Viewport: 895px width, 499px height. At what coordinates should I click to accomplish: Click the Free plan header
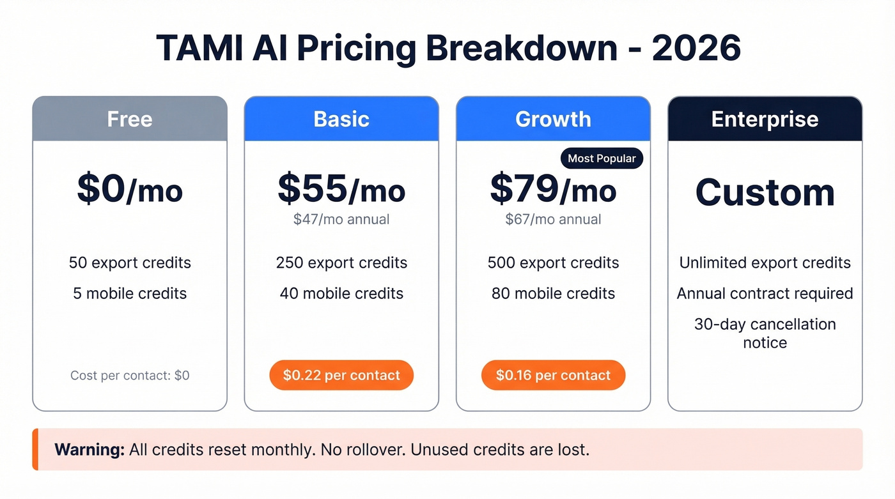130,119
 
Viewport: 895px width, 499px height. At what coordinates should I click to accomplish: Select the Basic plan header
341,119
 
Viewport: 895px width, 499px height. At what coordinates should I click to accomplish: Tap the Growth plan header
553,119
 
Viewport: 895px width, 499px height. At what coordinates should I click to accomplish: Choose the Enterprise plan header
765,119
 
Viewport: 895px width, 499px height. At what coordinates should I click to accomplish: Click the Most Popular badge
602,158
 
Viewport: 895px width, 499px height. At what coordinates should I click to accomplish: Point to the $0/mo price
130,189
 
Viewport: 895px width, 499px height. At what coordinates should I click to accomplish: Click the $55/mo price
341,189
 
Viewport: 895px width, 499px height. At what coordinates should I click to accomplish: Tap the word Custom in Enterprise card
765,192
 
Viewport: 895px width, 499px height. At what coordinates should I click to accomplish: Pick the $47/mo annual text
341,220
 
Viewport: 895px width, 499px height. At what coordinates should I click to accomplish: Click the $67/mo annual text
553,220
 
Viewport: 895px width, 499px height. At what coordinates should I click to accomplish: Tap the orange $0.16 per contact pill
553,375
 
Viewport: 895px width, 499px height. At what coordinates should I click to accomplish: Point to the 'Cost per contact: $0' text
130,375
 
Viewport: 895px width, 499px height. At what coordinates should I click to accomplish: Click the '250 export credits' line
341,263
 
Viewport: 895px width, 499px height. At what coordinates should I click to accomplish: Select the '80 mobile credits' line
553,293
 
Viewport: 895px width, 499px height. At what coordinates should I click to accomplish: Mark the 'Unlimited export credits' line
765,263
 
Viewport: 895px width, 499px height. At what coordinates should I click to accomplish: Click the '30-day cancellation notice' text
765,333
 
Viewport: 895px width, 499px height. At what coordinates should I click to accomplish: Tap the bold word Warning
89,449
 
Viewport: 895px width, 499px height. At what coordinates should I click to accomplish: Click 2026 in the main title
696,49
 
